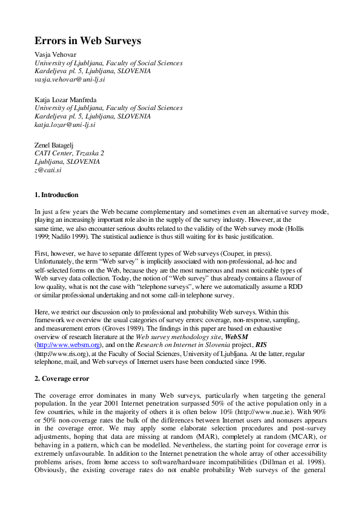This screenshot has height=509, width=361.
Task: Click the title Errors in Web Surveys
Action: click(88, 41)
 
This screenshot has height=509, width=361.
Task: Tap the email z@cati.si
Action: click(48, 170)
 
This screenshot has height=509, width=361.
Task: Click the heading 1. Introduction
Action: click(56, 195)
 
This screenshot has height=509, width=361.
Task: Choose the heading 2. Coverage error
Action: click(62, 378)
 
